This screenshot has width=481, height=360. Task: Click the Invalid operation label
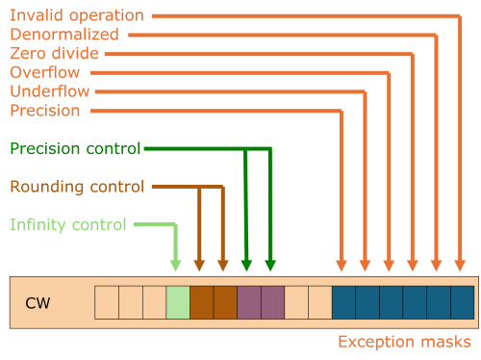pyautogui.click(x=77, y=15)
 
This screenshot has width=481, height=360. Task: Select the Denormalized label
pyautogui.click(x=63, y=35)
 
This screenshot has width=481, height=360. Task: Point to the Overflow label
pyautogui.click(x=44, y=72)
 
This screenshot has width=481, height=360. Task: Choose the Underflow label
pyautogui.click(x=49, y=91)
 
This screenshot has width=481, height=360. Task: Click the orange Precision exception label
pyautogui.click(x=44, y=111)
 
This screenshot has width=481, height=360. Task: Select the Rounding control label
pyautogui.click(x=77, y=186)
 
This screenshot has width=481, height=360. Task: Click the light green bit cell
pyautogui.click(x=178, y=302)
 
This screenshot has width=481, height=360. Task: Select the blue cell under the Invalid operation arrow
pyautogui.click(x=463, y=302)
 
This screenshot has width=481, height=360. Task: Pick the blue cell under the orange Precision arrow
pyautogui.click(x=343, y=302)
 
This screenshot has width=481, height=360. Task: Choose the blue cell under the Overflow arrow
pyautogui.click(x=415, y=302)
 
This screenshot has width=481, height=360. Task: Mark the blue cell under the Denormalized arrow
pyautogui.click(x=439, y=302)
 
